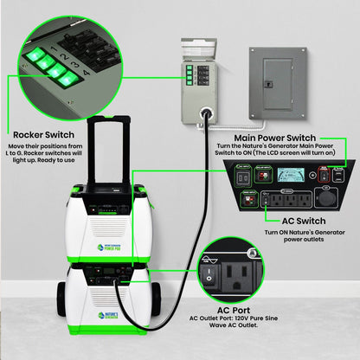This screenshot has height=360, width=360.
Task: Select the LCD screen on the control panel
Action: coord(286,175)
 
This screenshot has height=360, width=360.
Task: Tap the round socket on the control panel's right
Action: coord(326,197)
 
